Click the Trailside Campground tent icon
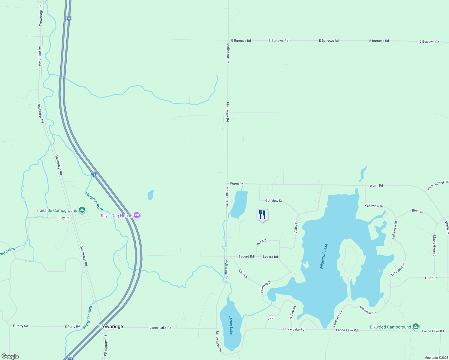coord(82,210)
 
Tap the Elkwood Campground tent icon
coord(415,327)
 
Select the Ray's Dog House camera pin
coord(137,215)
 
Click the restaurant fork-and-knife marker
coord(262,215)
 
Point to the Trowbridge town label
coord(111,326)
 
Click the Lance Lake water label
coord(231,325)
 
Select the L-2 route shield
coord(271,318)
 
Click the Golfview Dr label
coord(274,200)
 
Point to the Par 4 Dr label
coord(262,242)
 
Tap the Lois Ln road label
coord(243,274)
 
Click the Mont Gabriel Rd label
coord(437,185)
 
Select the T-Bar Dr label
coord(430,278)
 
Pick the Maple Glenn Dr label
coord(434,246)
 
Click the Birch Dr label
coord(418,211)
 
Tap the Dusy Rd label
coord(63,218)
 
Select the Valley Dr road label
coord(296,227)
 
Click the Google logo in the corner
coord(10,356)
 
